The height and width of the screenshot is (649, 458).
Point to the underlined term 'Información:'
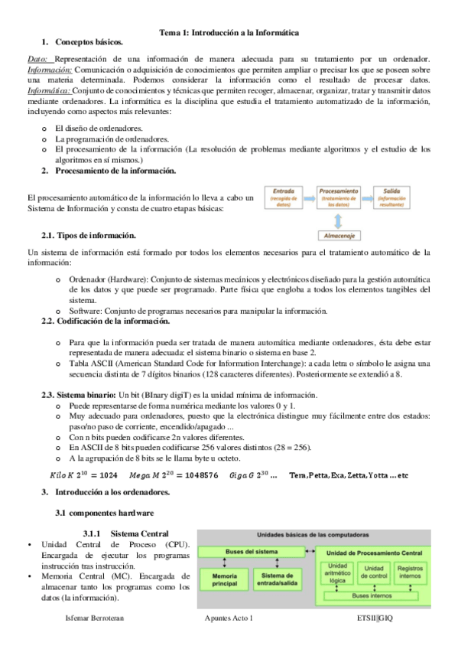point(49,69)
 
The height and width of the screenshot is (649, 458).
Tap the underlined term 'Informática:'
point(49,90)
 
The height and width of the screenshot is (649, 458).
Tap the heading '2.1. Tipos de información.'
point(89,235)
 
